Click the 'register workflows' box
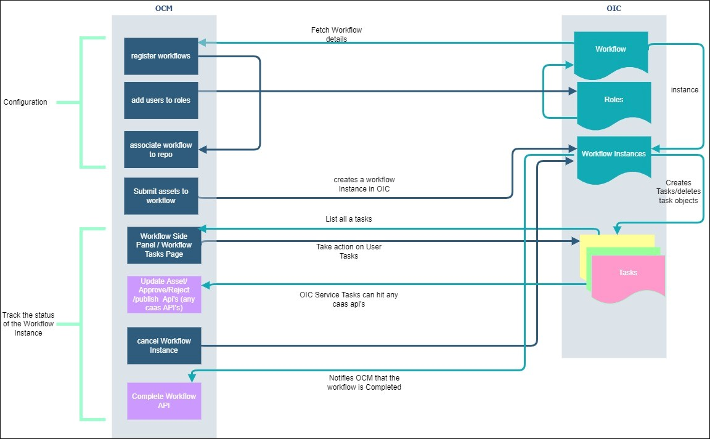pos(161,56)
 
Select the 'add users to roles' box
pos(161,100)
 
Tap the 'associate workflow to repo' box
pos(161,150)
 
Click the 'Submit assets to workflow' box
pos(161,196)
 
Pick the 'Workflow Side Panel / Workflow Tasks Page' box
pos(164,245)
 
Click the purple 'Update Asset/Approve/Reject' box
pos(164,294)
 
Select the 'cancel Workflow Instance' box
pos(164,345)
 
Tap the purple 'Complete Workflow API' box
pos(164,401)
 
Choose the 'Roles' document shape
pos(614,100)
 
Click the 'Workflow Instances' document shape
pos(614,155)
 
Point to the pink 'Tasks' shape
pos(628,273)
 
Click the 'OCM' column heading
pos(163,8)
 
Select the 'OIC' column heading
pos(614,8)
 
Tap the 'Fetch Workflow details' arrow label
pos(337,34)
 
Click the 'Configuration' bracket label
pos(25,102)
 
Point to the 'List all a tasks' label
pos(349,219)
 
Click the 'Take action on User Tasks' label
pos(349,251)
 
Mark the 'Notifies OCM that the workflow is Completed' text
pos(364,382)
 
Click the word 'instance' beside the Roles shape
pos(684,90)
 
